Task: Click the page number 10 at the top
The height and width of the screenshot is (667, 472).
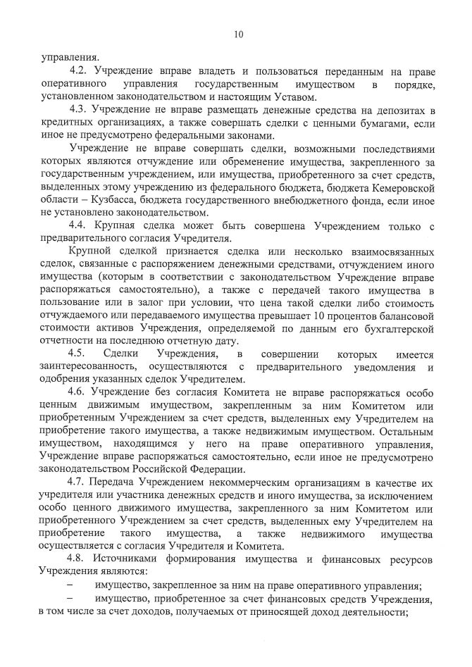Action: (238, 33)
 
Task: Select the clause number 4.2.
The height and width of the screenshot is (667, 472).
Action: (78, 72)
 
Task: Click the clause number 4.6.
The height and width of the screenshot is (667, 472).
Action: (78, 392)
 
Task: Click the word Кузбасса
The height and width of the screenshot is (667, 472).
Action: (97, 201)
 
